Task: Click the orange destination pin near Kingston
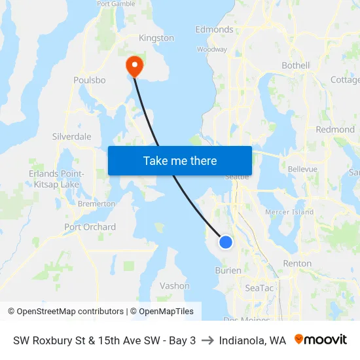coord(134,65)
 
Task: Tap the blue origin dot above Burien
coord(225,242)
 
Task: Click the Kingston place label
coord(157,38)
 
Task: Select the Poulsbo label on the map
coord(90,80)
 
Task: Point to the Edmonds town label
coord(214,29)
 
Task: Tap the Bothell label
coord(295,65)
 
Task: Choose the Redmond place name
coord(334,130)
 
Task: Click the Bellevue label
coord(302,169)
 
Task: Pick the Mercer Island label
coord(289,212)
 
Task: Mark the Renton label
coord(297,263)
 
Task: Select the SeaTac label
coord(259,288)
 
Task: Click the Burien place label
coord(228,270)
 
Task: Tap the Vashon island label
coord(175,286)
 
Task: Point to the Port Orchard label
coord(90,227)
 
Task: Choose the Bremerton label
coord(96,204)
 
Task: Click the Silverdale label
coord(71,137)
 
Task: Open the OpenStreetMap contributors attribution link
coord(70,312)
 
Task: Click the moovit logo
coord(321,340)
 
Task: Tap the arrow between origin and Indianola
coord(207,340)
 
